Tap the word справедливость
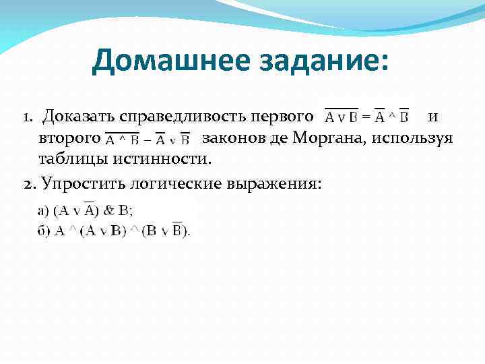point(179,118)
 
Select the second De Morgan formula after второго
point(148,140)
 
